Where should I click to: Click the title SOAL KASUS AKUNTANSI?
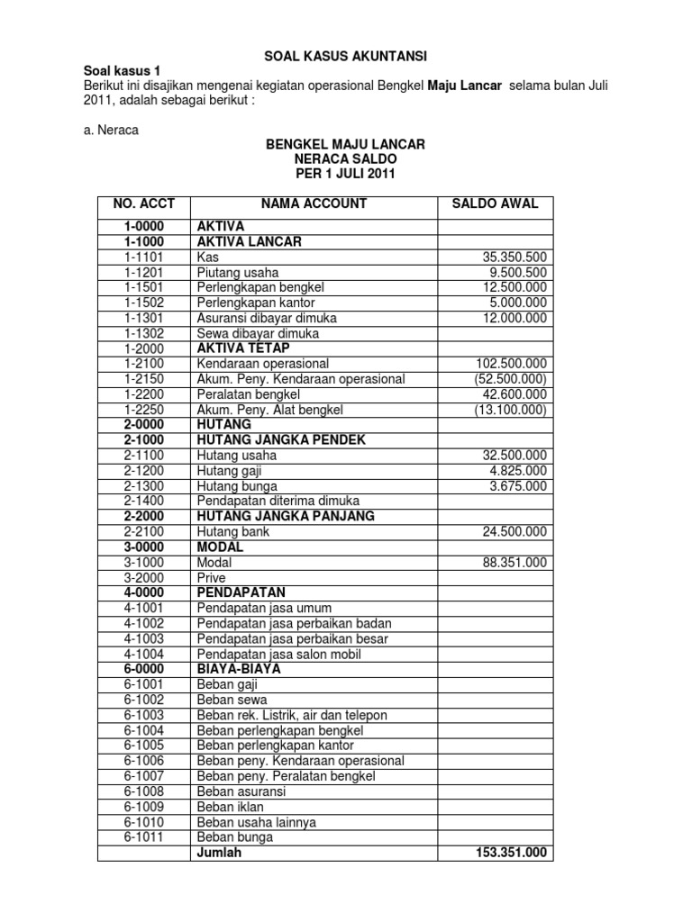(x=345, y=55)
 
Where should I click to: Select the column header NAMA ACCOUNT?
(x=314, y=203)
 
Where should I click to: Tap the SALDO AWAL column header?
(x=494, y=203)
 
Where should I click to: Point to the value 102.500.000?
(x=512, y=364)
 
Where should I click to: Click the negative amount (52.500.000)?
(x=510, y=379)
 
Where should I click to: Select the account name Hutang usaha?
(x=236, y=456)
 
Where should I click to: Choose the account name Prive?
(x=211, y=578)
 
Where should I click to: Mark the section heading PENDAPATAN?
(x=241, y=592)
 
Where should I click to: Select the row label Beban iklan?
(x=231, y=807)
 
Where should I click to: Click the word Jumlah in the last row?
(x=219, y=853)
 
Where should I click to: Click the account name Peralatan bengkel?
(x=248, y=394)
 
